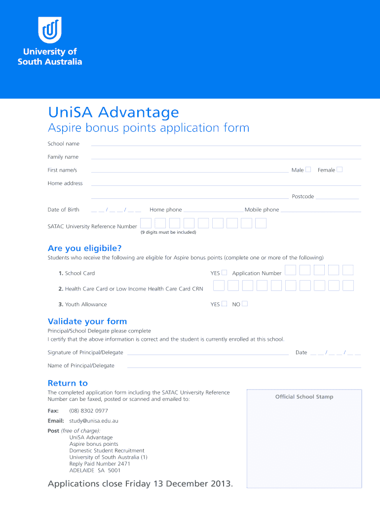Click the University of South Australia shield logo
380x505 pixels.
coord(50,30)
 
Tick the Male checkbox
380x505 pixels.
coord(308,170)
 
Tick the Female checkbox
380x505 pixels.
coord(340,170)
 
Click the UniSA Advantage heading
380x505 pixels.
coord(113,112)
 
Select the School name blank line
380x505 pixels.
coord(226,145)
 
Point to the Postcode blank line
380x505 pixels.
coord(338,198)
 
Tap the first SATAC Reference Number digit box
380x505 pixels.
coord(146,223)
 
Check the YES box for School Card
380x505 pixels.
coord(224,273)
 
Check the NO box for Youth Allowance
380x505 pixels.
coord(245,304)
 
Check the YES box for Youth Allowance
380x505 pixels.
coord(224,304)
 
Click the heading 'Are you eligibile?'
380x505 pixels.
coord(84,248)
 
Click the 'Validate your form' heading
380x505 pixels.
coord(87,322)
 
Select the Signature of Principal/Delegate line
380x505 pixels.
coord(208,354)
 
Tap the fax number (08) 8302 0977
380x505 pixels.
coord(88,411)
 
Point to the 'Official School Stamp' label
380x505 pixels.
coord(304,397)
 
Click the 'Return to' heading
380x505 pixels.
coord(68,383)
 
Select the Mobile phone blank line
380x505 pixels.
coord(321,212)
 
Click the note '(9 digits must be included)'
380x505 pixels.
coord(168,232)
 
